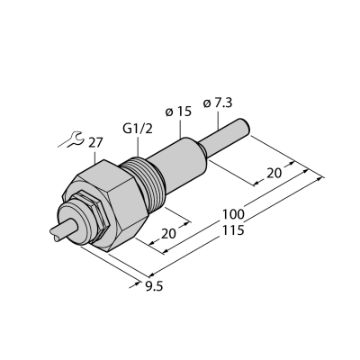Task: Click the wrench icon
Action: pyautogui.click(x=73, y=140)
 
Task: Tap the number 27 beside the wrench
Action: pyautogui.click(x=95, y=143)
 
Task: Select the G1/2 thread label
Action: pyautogui.click(x=138, y=129)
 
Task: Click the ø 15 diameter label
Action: pyautogui.click(x=178, y=112)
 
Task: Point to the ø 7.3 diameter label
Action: pyautogui.click(x=218, y=103)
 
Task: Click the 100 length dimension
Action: pyautogui.click(x=233, y=215)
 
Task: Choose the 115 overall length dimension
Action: pyautogui.click(x=233, y=230)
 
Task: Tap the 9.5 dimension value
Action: pyautogui.click(x=154, y=287)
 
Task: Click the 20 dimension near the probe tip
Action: pyautogui.click(x=274, y=174)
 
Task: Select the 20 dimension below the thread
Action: pyautogui.click(x=168, y=234)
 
